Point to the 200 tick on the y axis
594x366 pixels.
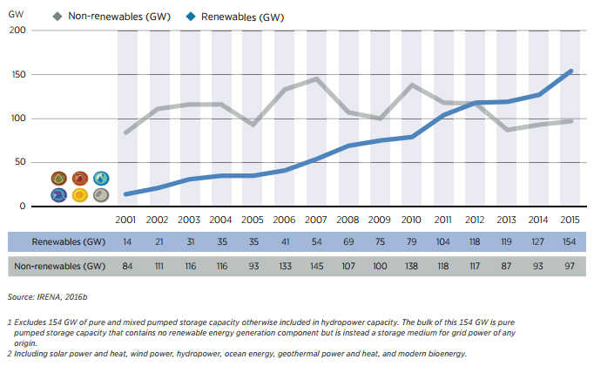pos(17,30)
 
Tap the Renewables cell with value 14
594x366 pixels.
pos(128,241)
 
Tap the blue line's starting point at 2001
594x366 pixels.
pos(128,194)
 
